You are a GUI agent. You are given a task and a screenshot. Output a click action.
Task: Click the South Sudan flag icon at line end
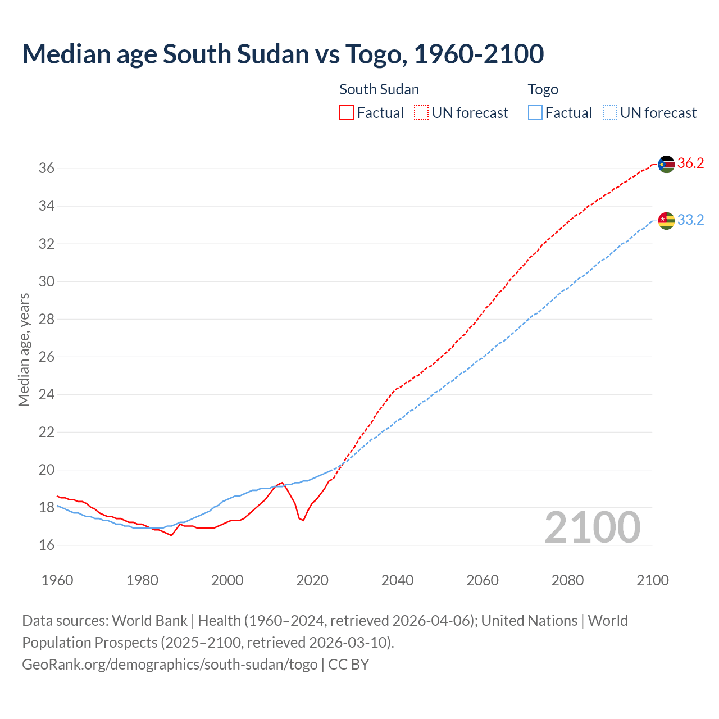[x=666, y=164]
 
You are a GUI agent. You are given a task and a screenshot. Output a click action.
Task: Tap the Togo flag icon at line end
[x=666, y=221]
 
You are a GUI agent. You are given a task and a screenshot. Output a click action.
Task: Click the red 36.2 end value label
[x=690, y=163]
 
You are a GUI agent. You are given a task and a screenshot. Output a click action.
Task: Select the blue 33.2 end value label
[x=690, y=220]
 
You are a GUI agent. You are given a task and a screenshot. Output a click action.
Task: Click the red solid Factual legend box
[x=347, y=113]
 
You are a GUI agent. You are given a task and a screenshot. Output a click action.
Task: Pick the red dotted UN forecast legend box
[x=421, y=113]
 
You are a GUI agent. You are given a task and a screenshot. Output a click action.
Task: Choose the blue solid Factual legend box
[x=535, y=113]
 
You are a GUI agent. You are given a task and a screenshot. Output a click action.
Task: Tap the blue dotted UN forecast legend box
[x=610, y=113]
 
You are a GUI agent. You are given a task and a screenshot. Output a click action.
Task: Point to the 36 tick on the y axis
[x=46, y=169]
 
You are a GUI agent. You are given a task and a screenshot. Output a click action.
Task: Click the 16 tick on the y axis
[x=46, y=545]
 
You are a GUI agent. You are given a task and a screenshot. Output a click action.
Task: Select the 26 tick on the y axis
[x=46, y=357]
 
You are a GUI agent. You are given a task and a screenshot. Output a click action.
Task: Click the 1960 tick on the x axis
[x=57, y=580]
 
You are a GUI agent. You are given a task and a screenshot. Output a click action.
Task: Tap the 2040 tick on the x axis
[x=397, y=580]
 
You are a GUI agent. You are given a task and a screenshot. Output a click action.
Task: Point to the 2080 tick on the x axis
[x=567, y=580]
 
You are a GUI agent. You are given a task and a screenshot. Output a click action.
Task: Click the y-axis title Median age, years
[x=24, y=349]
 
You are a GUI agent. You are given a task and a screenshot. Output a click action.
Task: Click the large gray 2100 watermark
[x=592, y=527]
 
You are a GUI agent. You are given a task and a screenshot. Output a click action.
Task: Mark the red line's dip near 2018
[x=303, y=520]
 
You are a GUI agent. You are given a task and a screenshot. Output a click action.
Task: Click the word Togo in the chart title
[x=373, y=54]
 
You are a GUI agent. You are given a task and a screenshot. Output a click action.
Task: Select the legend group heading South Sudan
[x=379, y=89]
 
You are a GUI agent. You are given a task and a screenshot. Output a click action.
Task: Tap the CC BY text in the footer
[x=348, y=665]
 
